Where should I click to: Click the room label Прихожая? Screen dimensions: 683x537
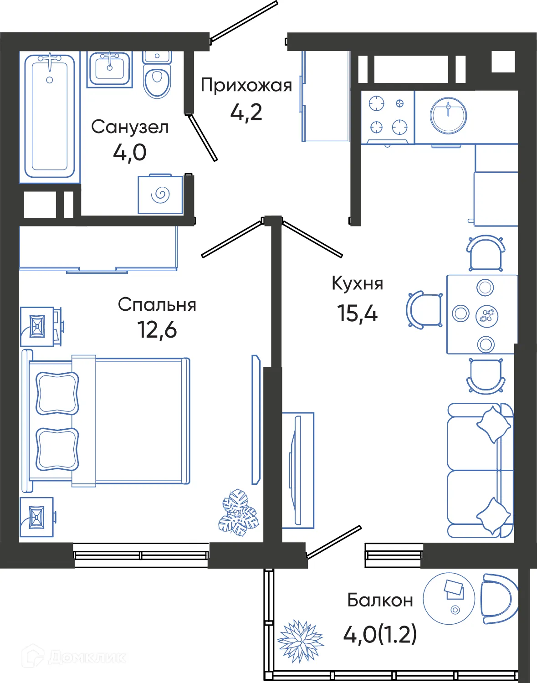coord(246,85)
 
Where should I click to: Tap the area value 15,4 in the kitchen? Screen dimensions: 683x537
coord(357,313)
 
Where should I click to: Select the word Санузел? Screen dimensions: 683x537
coord(130,127)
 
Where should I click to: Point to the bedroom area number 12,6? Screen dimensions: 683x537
coord(157,329)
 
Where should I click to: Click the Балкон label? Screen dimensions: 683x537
coord(380,600)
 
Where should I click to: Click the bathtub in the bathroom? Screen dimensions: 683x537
coord(50,116)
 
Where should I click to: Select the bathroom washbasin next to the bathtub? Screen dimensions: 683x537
coord(109,69)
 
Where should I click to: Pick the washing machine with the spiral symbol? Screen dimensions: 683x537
coord(160,195)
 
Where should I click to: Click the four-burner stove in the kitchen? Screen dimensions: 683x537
coord(388,117)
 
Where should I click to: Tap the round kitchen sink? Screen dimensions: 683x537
coord(449,115)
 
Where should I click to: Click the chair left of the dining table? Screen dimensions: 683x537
coord(424,310)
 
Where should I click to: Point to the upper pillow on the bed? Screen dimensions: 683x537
coord(57,393)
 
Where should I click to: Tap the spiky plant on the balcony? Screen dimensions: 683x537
coord(300,640)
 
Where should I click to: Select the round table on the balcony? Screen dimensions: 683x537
coord(449,598)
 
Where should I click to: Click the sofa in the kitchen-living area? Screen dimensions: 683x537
coord(480,470)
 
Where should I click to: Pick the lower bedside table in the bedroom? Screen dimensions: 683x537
coord(36,517)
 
